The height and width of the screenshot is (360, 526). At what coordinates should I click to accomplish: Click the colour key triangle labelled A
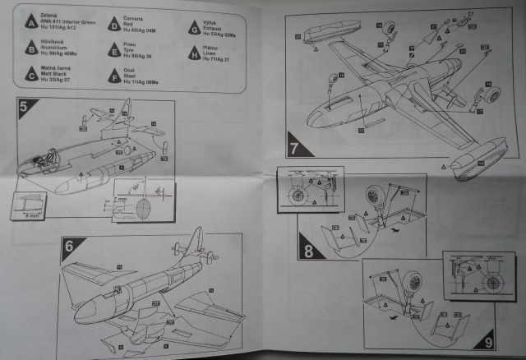point(31,22)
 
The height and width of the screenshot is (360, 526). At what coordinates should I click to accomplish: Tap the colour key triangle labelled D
point(113,22)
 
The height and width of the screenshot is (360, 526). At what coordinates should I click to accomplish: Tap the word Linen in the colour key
point(217,53)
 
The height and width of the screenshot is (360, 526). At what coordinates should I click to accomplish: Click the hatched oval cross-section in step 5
point(141,208)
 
